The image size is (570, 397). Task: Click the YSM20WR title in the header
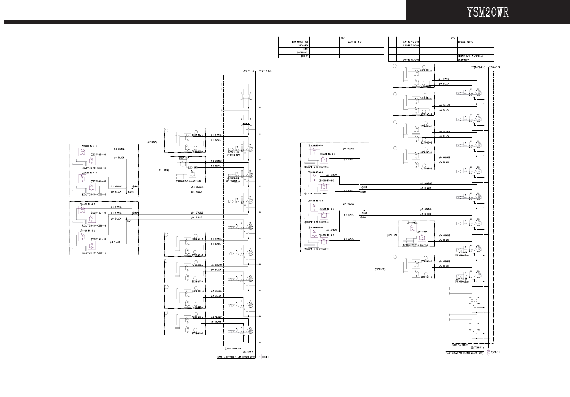click(x=488, y=12)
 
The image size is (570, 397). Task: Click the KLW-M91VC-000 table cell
click(x=410, y=42)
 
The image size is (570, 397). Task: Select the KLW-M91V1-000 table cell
click(x=410, y=45)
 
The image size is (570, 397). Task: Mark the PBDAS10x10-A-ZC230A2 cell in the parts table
click(x=470, y=56)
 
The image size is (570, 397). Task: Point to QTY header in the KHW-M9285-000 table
click(x=342, y=38)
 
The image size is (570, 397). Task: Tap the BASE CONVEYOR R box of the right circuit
click(x=464, y=353)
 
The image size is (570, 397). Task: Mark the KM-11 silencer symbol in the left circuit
click(x=260, y=357)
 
